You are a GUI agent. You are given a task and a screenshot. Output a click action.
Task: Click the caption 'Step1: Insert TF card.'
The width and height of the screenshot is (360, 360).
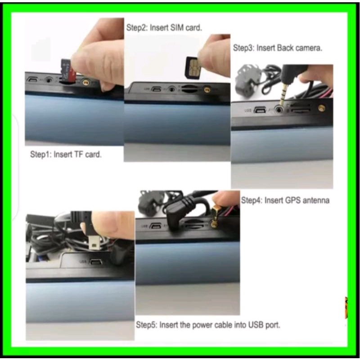click(66, 154)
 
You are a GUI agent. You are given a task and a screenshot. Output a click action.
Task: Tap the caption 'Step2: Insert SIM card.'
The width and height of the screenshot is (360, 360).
click(164, 28)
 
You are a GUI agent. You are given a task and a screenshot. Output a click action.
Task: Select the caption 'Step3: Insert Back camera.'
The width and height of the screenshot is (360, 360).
click(278, 48)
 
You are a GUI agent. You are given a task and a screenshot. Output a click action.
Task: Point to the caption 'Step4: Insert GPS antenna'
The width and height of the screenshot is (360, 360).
click(285, 200)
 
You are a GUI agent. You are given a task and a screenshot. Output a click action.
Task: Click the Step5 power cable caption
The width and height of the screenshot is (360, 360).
click(208, 325)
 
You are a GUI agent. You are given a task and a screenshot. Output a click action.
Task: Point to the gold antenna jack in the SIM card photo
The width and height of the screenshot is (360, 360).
click(207, 90)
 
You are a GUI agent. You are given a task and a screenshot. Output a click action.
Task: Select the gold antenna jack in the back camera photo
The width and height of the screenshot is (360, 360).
click(321, 108)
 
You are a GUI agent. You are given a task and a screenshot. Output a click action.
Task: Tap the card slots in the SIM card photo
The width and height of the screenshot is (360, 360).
click(189, 89)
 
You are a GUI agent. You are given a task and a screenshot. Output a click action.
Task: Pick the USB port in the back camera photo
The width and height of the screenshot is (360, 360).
click(260, 110)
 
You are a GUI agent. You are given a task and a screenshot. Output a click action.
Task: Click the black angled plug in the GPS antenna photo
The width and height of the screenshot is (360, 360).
click(178, 212)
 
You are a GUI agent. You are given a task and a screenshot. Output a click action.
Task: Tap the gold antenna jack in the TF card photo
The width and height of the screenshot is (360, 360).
click(86, 82)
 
